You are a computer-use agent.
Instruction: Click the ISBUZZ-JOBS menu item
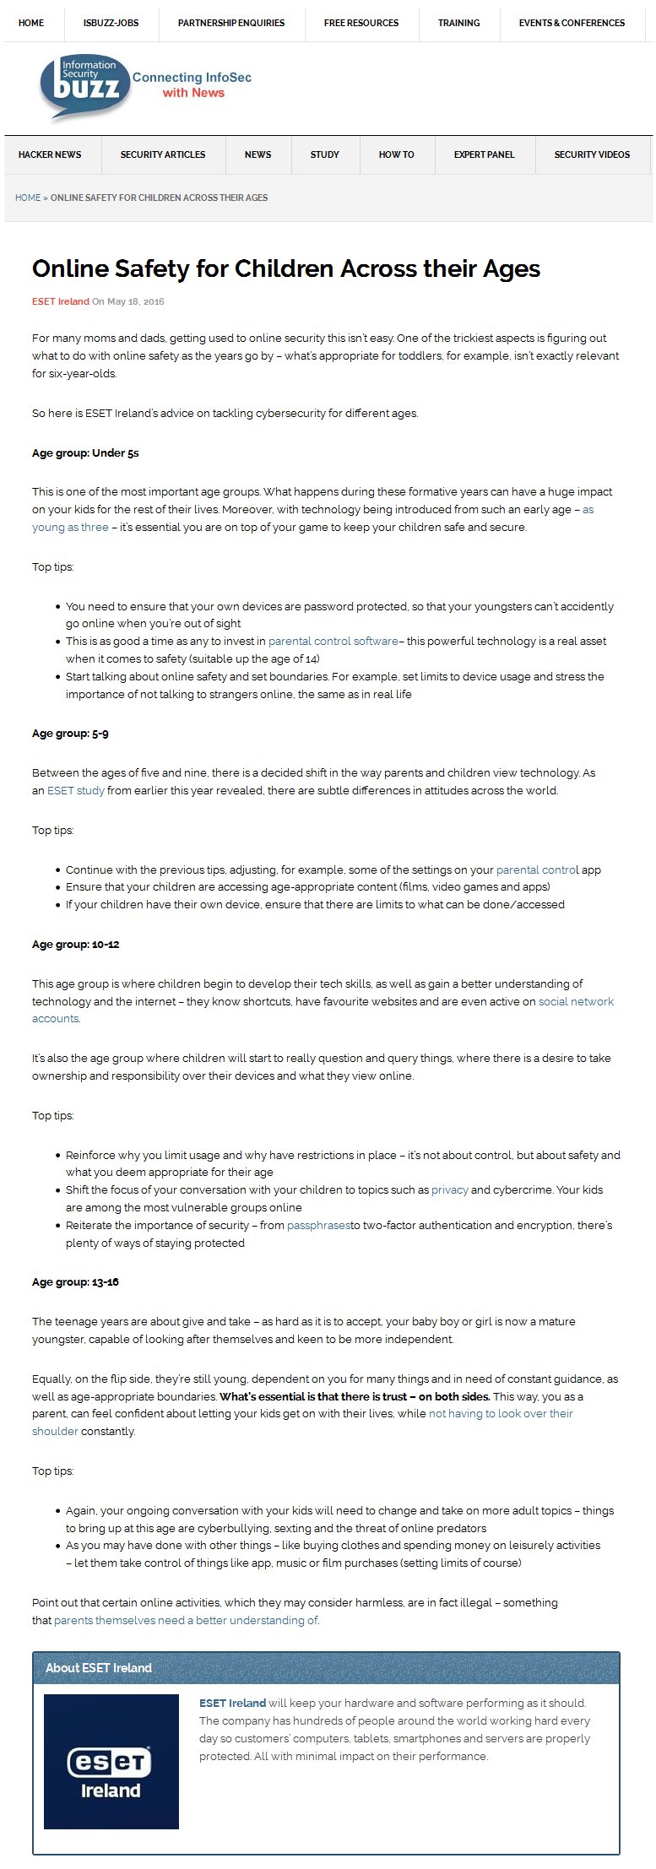click(111, 23)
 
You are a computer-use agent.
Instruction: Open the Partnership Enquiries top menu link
click(231, 23)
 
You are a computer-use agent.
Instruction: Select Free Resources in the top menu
click(361, 23)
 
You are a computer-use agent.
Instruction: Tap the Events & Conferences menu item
click(572, 23)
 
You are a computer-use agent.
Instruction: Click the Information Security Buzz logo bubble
click(84, 86)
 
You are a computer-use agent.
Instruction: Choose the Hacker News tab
click(50, 154)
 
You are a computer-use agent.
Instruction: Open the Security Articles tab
click(163, 154)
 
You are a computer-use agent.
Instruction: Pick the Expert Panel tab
click(484, 154)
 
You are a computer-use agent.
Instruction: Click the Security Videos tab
click(592, 154)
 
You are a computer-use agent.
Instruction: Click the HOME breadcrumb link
click(28, 198)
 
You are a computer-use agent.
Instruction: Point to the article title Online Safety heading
click(286, 268)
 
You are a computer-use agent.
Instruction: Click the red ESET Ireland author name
click(61, 301)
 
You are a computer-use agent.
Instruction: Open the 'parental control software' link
click(333, 642)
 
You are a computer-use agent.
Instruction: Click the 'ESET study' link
click(76, 791)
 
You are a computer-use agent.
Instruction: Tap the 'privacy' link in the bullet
click(449, 1190)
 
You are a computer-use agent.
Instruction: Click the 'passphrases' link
click(318, 1226)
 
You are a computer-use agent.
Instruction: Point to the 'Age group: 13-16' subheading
click(75, 1282)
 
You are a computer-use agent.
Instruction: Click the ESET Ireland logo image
click(111, 1762)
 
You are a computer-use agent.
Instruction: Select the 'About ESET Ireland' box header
click(326, 1668)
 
